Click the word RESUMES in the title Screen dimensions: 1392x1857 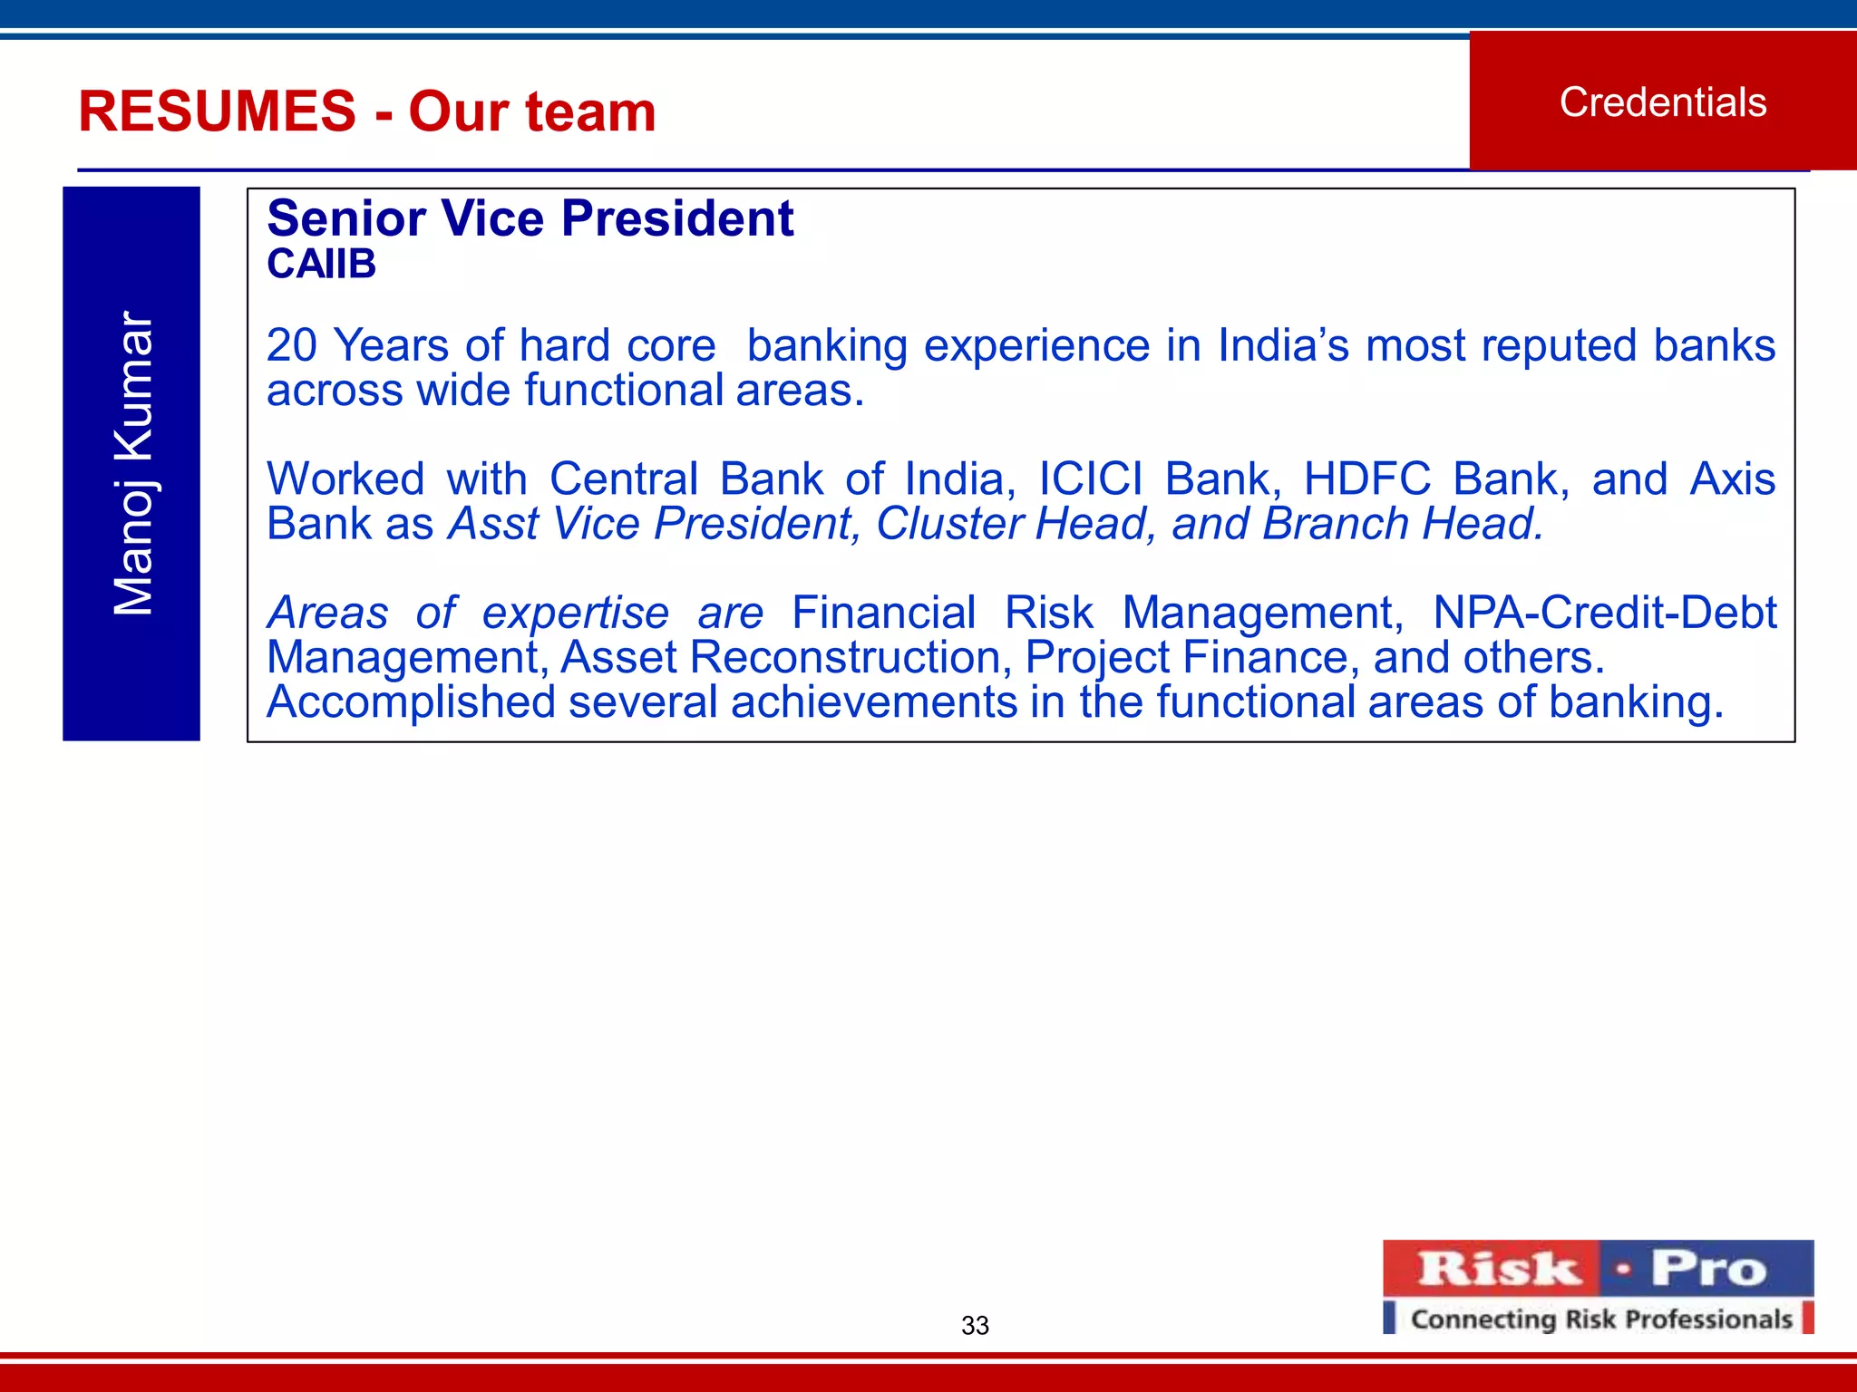[x=217, y=111]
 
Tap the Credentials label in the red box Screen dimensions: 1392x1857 [x=1663, y=102]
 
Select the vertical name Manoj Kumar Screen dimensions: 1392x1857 [x=132, y=463]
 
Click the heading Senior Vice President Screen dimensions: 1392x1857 [x=530, y=218]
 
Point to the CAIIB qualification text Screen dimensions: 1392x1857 [x=321, y=265]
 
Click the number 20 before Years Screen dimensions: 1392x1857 [x=293, y=345]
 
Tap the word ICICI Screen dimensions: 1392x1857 [x=1090, y=478]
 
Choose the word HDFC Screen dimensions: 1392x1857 [x=1366, y=478]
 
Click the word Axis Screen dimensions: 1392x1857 [x=1732, y=478]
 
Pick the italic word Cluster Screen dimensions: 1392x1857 [x=948, y=524]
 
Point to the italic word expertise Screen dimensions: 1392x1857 [x=575, y=613]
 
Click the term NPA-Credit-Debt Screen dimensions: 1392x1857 [x=1604, y=613]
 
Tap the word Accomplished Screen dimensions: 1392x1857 [x=410, y=702]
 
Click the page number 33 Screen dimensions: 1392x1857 [x=975, y=1326]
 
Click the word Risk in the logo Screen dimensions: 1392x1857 [x=1499, y=1269]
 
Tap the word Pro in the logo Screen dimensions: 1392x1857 [x=1708, y=1269]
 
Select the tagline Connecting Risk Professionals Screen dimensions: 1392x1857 [x=1600, y=1319]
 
